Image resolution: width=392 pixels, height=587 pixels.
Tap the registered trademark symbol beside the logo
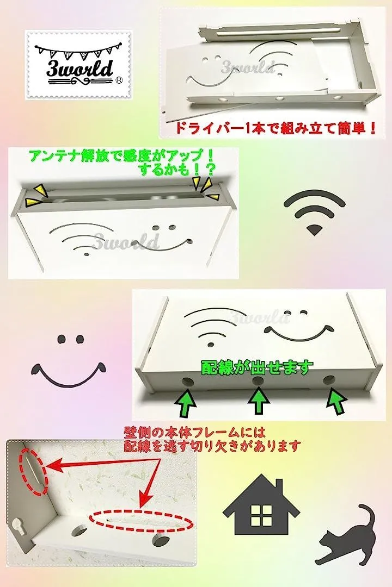(119, 80)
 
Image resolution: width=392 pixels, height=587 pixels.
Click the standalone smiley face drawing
(69, 361)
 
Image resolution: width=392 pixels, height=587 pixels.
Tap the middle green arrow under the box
(258, 401)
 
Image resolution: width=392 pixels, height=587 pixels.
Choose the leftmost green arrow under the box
(186, 403)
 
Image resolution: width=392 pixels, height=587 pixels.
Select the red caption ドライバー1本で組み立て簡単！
(275, 129)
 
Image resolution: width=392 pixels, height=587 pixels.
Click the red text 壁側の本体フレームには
(195, 433)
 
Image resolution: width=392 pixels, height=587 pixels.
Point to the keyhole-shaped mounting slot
(19, 526)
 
